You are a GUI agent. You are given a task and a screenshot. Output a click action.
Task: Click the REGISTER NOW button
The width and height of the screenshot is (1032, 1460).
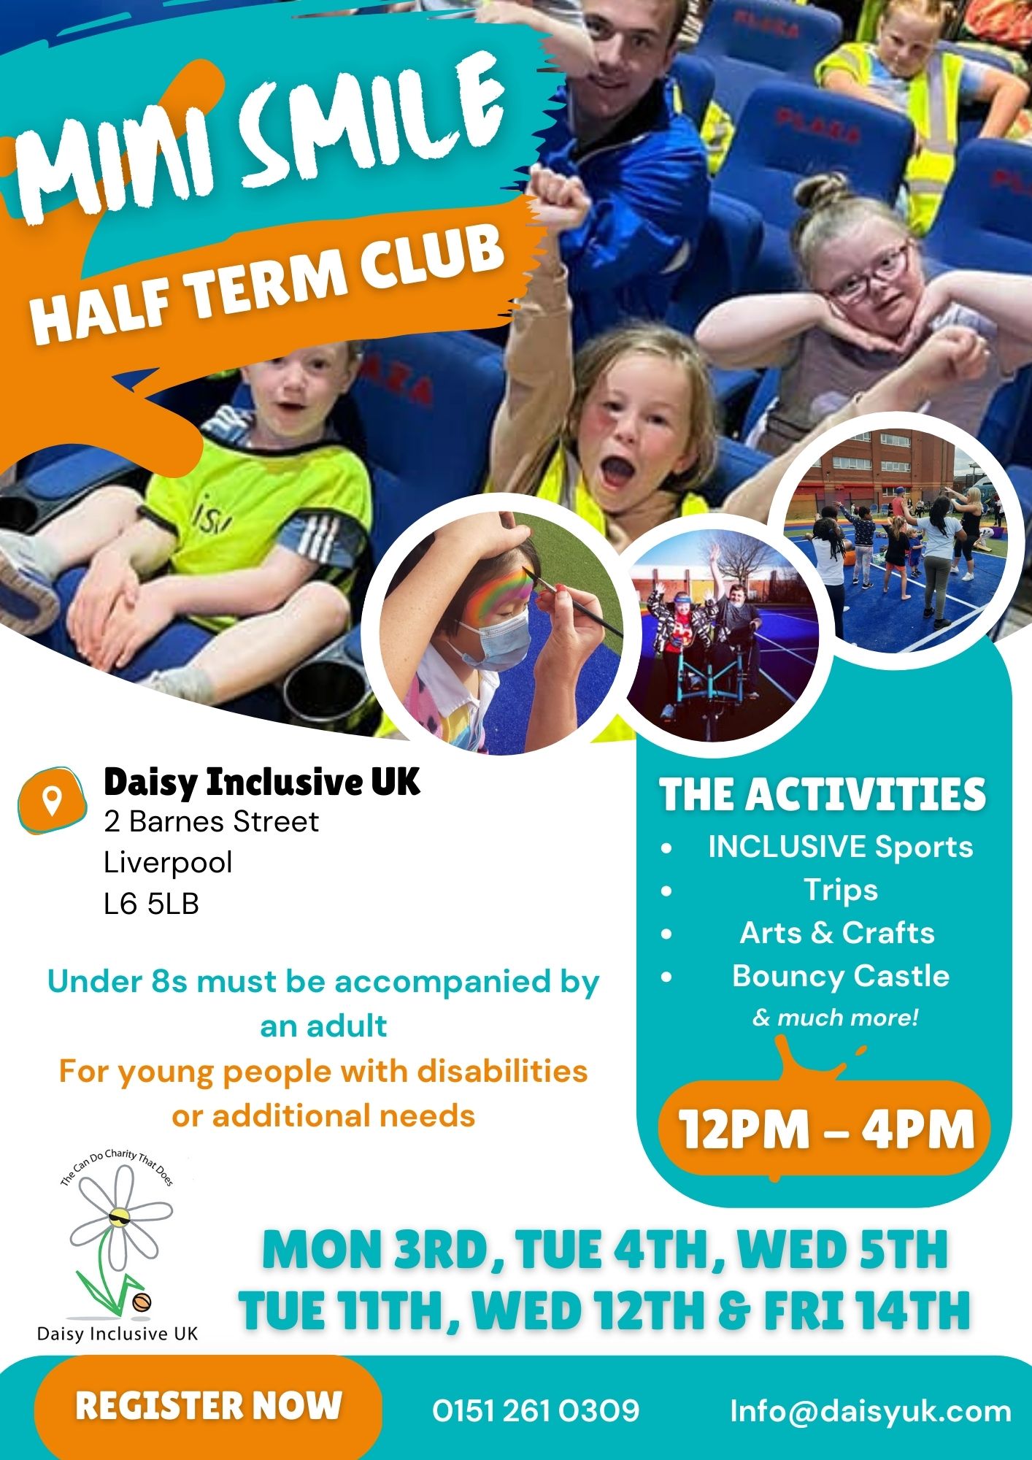(x=208, y=1406)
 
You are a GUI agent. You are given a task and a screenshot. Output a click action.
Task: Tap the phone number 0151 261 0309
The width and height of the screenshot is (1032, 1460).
(x=536, y=1410)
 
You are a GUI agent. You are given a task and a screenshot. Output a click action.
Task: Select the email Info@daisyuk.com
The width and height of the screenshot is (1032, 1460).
(x=871, y=1411)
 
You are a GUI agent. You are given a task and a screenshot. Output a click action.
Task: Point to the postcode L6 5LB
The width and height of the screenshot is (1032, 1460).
(x=151, y=904)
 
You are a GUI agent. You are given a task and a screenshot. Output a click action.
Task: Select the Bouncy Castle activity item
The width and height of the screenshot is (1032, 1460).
(x=841, y=976)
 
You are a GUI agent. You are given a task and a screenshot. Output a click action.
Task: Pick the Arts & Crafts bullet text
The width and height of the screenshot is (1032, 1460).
(x=837, y=933)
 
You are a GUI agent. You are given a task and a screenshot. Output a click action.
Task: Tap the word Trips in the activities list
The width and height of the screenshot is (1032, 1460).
(x=841, y=890)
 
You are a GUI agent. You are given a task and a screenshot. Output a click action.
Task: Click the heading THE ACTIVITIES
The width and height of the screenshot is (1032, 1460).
(x=823, y=794)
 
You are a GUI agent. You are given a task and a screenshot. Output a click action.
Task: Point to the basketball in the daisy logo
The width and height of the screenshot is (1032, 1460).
(x=142, y=1302)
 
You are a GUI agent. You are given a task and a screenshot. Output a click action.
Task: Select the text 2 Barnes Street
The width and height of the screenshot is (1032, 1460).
(x=212, y=822)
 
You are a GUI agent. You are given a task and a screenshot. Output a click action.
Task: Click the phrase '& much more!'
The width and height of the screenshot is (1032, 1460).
(x=836, y=1017)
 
